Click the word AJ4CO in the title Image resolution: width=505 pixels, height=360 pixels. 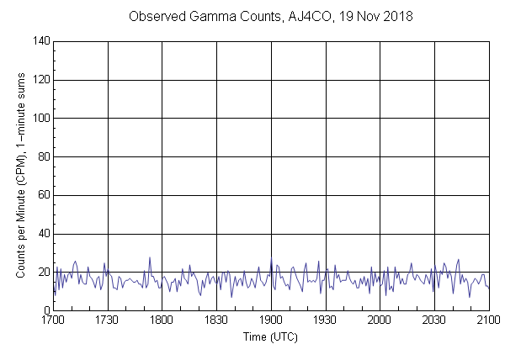[295, 16]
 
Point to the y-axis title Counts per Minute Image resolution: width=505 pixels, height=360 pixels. [19, 176]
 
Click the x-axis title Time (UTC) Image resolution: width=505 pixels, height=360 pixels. [270, 336]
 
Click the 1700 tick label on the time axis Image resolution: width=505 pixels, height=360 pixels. [53, 320]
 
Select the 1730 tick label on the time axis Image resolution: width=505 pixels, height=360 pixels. [108, 320]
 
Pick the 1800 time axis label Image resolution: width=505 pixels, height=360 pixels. [162, 320]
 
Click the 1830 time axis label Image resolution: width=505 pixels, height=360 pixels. [216, 320]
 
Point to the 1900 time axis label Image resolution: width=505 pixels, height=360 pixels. [271, 320]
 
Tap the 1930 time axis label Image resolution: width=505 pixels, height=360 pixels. [325, 320]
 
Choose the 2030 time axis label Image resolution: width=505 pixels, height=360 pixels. [434, 320]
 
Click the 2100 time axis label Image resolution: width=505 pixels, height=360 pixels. [488, 320]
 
